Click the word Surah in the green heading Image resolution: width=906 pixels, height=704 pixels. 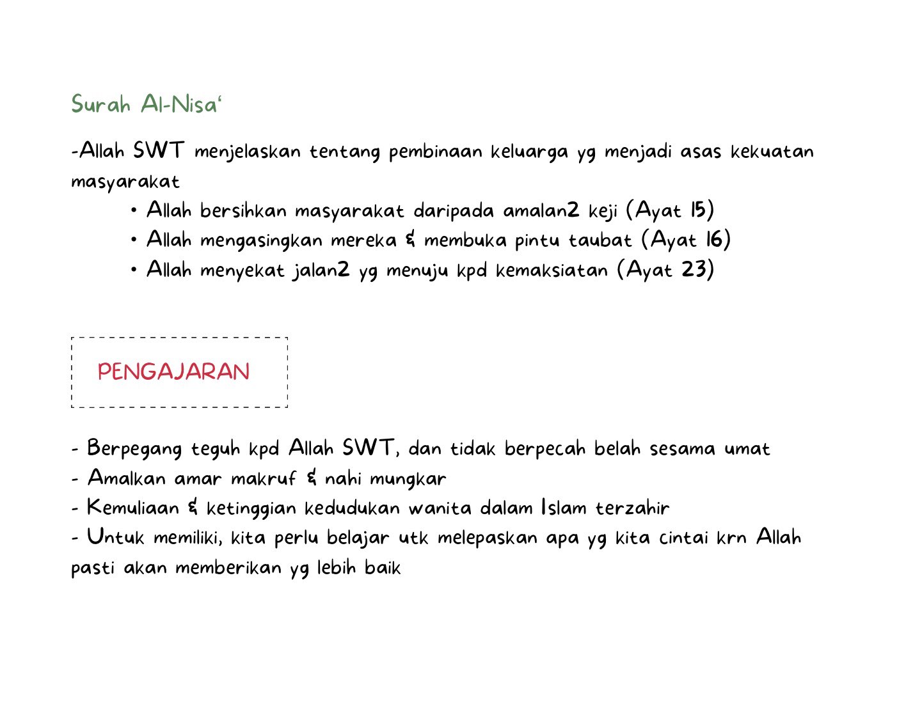pyautogui.click(x=100, y=104)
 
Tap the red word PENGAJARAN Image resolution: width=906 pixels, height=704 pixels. pyautogui.click(x=173, y=372)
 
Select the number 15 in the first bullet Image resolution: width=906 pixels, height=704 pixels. pyautogui.click(x=698, y=210)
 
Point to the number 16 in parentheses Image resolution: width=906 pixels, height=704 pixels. pyautogui.click(x=715, y=240)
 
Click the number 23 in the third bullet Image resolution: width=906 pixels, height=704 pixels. pyautogui.click(x=693, y=269)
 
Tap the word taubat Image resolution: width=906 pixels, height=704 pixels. pyautogui.click(x=600, y=240)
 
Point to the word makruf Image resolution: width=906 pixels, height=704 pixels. pyautogui.click(x=263, y=478)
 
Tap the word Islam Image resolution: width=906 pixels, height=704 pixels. pyautogui.click(x=563, y=508)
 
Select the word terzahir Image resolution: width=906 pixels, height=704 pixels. pyautogui.click(x=632, y=508)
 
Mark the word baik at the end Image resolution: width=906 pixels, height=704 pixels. pyautogui.click(x=382, y=568)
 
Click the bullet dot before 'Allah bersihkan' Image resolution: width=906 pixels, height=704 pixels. pyautogui.click(x=134, y=210)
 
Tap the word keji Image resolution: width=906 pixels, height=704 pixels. pyautogui.click(x=603, y=211)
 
